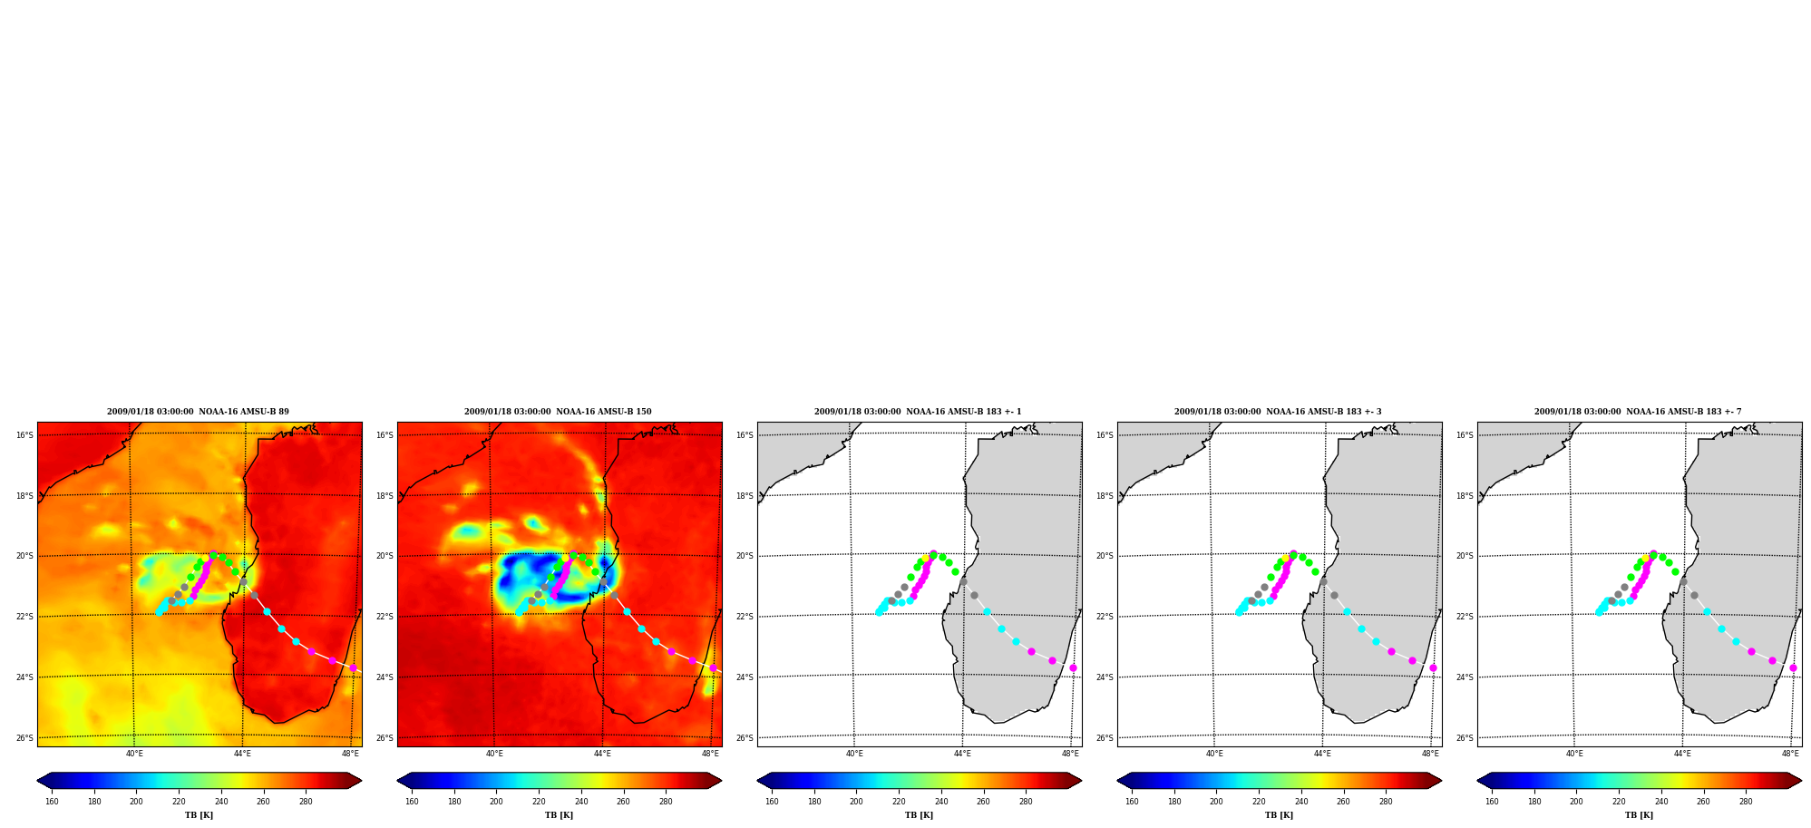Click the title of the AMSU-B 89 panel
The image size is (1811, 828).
198,412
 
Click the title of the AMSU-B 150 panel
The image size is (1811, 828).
558,412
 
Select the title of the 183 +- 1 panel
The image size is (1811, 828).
918,412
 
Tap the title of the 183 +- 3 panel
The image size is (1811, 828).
1278,412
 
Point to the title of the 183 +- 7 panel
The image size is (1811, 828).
1638,412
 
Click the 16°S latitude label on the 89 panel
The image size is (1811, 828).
24,435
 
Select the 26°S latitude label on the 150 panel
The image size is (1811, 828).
385,738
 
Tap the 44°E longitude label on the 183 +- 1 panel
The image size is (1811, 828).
962,754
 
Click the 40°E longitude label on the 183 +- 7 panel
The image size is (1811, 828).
1574,754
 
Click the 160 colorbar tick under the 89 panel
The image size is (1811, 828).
52,802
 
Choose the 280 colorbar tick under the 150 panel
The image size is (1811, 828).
666,802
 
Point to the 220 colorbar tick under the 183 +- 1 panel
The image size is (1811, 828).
899,802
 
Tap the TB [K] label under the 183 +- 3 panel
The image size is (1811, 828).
1279,815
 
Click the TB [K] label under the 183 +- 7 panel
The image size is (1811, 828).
1639,815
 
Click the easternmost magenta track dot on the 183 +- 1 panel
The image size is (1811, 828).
1073,667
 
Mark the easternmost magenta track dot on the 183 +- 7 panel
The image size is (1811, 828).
1793,667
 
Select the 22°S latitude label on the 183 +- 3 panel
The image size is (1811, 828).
1105,617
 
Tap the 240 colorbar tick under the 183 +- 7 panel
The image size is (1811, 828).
1661,802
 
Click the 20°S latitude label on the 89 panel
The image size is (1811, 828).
24,556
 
